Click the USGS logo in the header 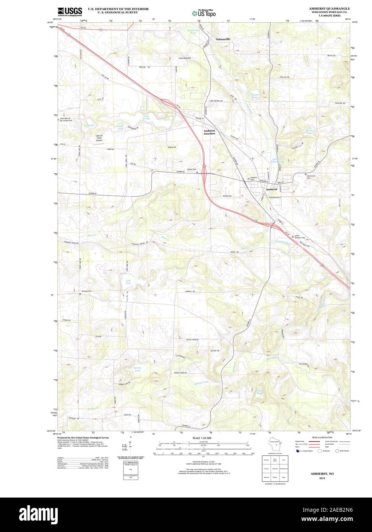point(70,12)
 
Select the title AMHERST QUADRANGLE point(331,8)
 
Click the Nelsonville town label point(224,39)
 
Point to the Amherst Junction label point(209,132)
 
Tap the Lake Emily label point(146,117)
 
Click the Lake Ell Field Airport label point(99,138)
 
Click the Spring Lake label point(137,370)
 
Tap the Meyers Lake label point(255,96)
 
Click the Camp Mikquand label point(185,58)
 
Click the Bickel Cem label point(192,169)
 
